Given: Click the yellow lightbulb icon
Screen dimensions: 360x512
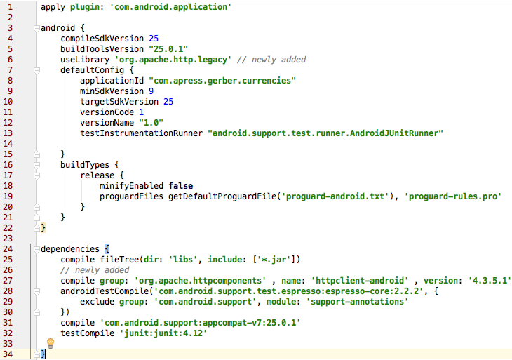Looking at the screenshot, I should point(50,343).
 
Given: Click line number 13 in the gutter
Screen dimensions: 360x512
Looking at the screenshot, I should point(10,133).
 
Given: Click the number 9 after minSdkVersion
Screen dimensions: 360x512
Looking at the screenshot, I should point(151,91).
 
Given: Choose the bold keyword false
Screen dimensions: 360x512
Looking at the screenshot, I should point(180,185).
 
